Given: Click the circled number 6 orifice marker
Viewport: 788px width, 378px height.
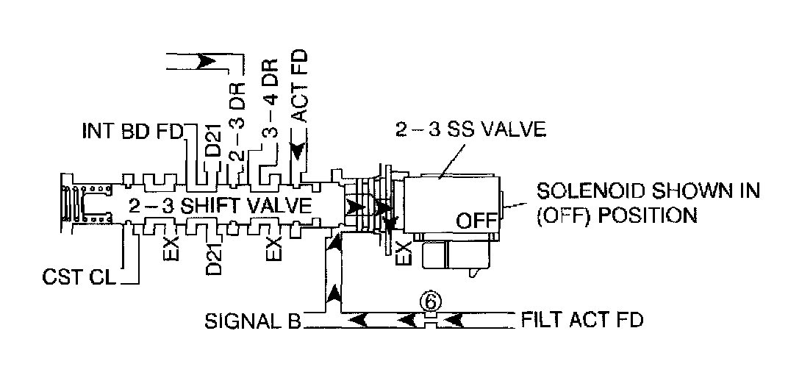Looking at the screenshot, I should pos(431,301).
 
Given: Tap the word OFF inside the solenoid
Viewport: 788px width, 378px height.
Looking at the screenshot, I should pos(473,220).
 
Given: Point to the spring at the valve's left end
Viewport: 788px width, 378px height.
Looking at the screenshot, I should pos(74,203).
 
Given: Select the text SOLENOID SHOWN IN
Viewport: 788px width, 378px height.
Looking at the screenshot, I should pos(647,193).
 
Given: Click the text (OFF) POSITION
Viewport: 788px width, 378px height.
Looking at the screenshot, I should pos(617,215).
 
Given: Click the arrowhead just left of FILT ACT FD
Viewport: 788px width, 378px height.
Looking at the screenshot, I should pos(454,320).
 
